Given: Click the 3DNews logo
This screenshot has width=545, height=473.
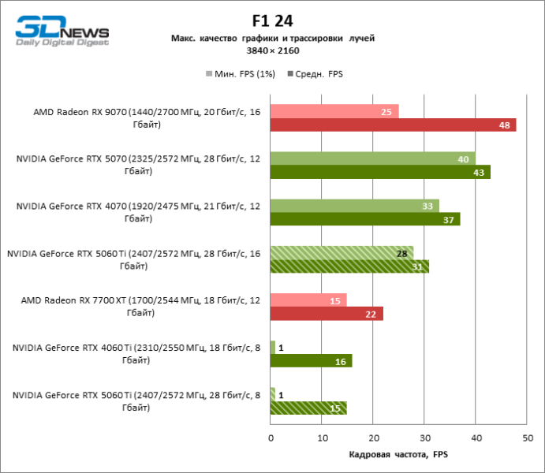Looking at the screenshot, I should (62, 34).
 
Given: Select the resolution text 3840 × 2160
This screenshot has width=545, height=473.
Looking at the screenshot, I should (273, 50).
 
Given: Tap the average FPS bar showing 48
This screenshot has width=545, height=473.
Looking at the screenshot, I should (393, 125).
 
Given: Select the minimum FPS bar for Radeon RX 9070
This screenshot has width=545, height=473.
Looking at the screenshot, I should (334, 111).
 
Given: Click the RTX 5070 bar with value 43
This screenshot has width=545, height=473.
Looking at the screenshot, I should (380, 172).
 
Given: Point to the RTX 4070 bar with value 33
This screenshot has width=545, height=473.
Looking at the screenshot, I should (354, 206).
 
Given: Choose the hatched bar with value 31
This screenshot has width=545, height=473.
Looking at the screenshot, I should (349, 266).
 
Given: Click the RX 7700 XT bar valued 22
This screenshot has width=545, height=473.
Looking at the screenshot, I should (327, 314).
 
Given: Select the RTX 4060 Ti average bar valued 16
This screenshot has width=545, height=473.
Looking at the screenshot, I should (311, 360).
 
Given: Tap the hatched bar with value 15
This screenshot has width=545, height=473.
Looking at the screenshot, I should (308, 408).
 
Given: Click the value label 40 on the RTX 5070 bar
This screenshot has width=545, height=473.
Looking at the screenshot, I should (464, 159).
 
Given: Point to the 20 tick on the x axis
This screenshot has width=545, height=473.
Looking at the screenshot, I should (373, 438).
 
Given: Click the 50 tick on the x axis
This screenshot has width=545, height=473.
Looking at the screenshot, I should (527, 438).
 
